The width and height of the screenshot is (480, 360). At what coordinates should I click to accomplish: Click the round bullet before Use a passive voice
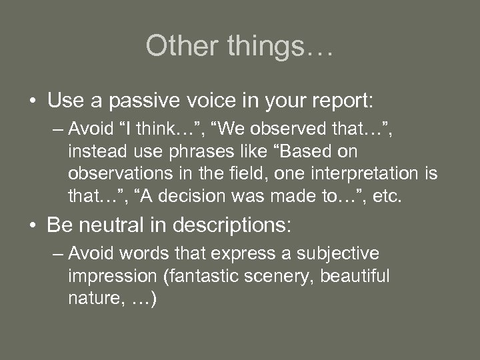point(32,102)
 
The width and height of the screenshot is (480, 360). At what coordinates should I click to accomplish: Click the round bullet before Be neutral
point(32,225)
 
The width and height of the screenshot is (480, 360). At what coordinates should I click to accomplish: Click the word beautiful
point(355,276)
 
